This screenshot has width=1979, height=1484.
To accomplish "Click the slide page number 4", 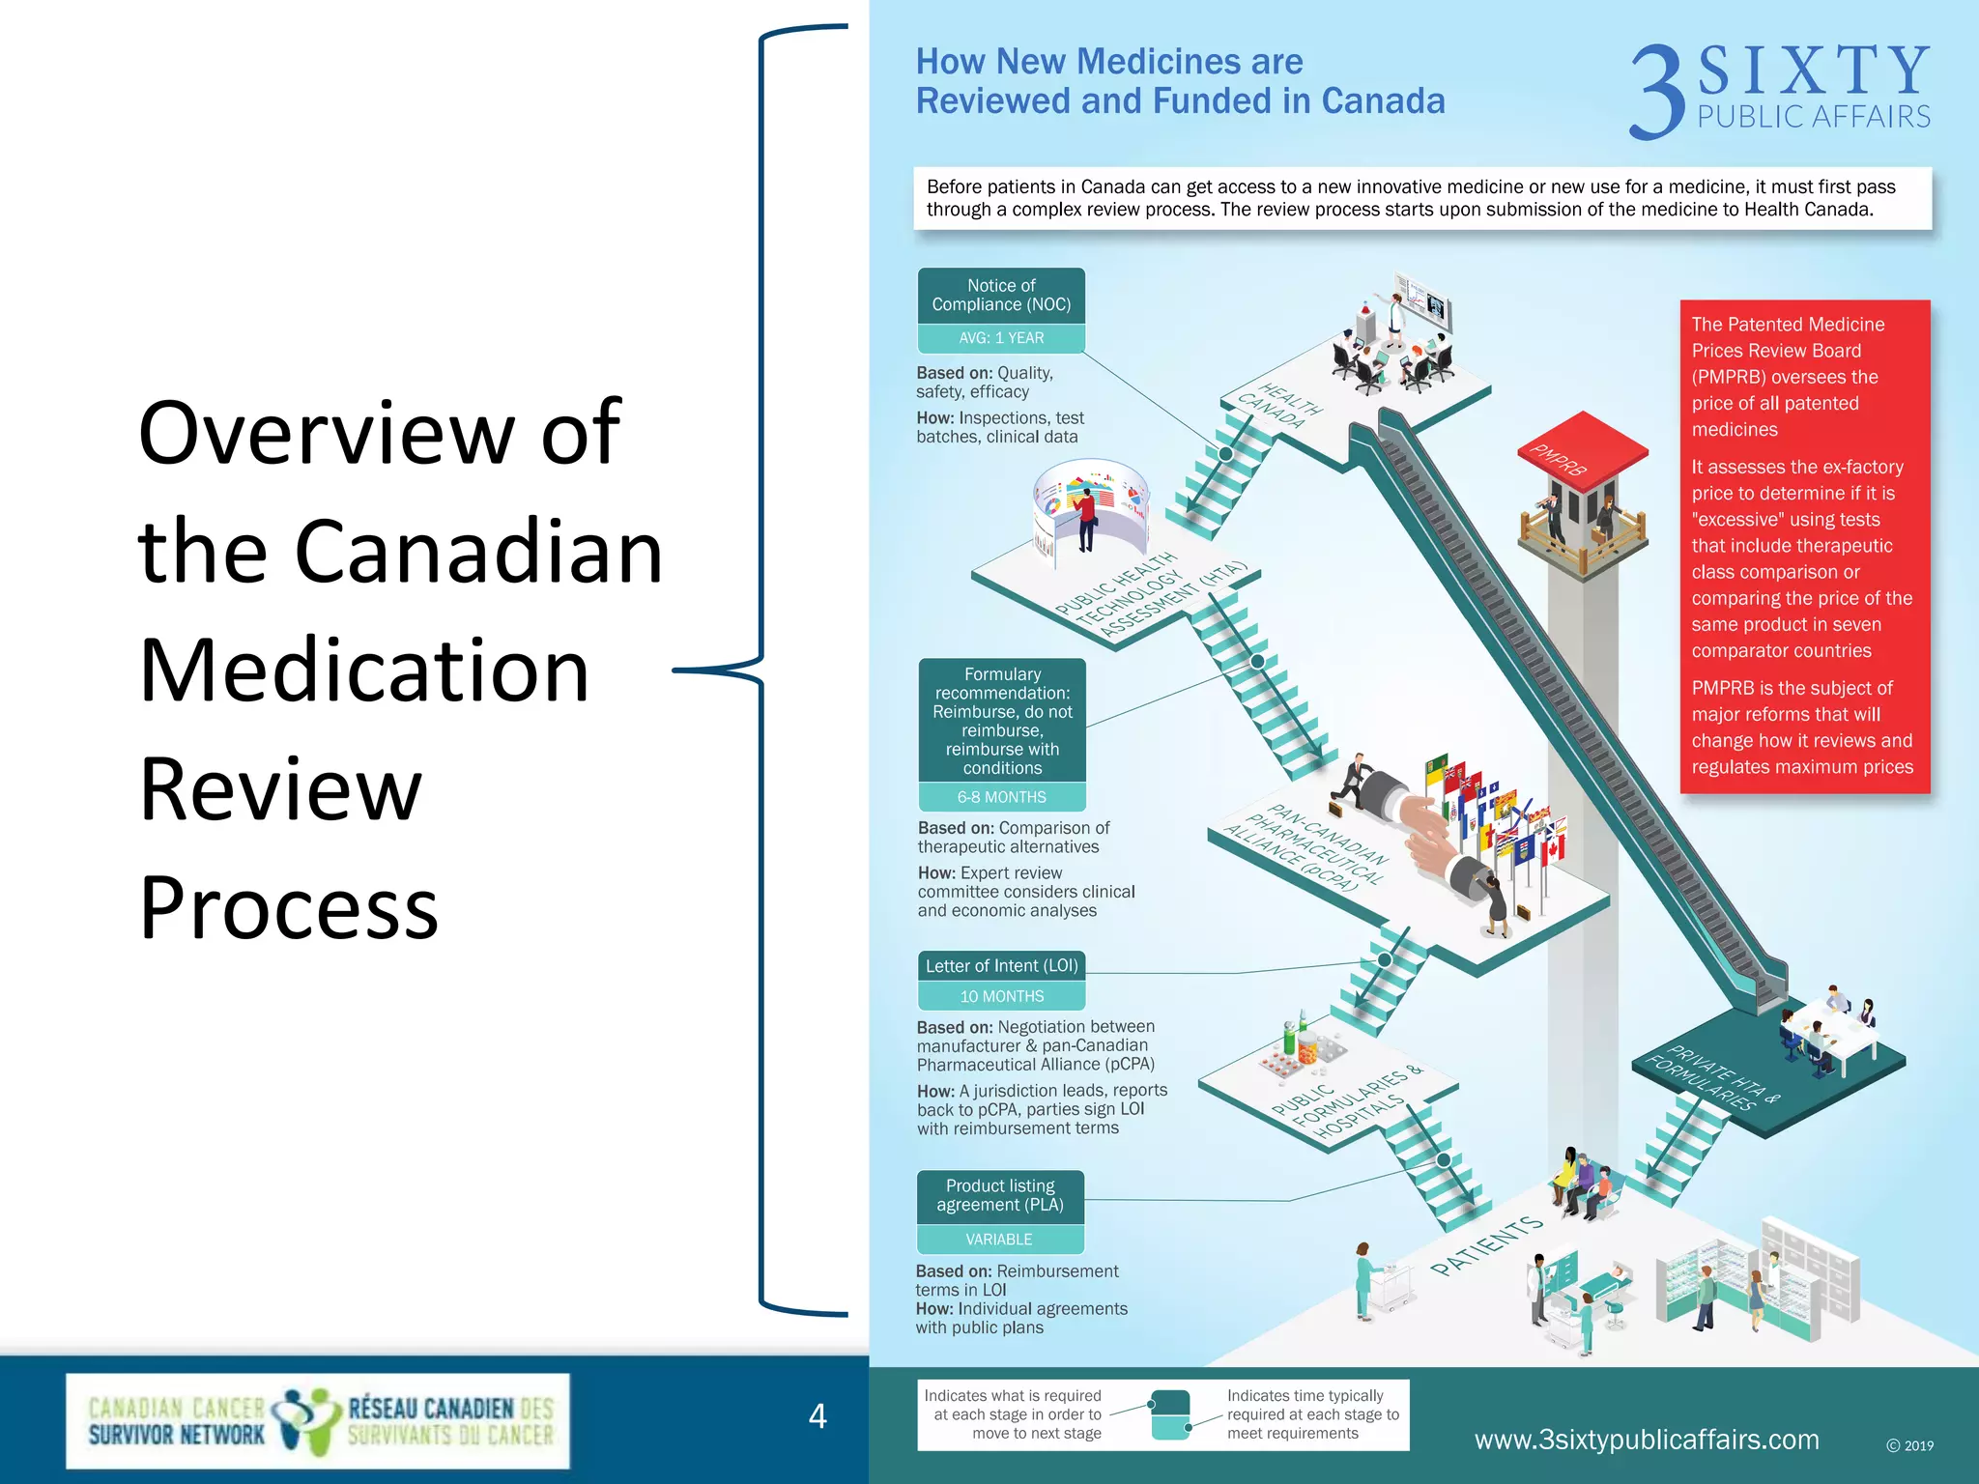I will [x=817, y=1416].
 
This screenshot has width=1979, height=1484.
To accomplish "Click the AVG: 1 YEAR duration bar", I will [x=1001, y=338].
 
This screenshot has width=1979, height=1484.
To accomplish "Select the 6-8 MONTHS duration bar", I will [x=1001, y=797].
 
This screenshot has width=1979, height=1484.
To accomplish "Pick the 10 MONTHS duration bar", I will [x=1001, y=996].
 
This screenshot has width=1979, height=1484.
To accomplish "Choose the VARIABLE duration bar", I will [x=999, y=1240].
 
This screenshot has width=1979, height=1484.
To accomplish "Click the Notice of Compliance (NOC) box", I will [x=1001, y=296].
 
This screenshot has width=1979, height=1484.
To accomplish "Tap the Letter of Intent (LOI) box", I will [x=1001, y=966].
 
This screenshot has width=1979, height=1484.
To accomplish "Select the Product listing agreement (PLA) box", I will [x=1000, y=1196].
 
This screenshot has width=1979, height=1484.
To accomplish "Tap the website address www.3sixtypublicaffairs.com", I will [x=1647, y=1440].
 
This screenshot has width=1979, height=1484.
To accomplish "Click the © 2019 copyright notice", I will [x=1909, y=1446].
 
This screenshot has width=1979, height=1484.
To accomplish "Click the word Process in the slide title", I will [x=289, y=907].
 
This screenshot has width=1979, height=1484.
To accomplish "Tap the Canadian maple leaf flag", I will [x=1553, y=849].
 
